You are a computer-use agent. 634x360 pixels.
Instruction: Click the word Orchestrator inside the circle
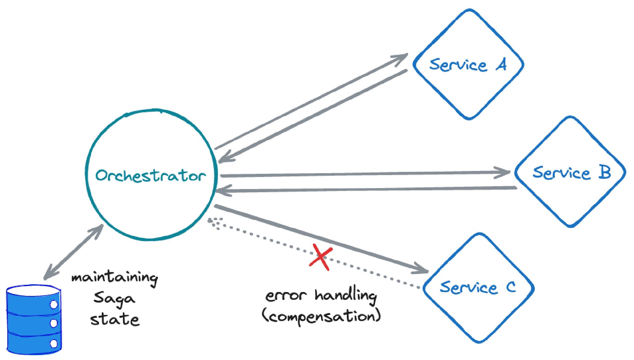151,175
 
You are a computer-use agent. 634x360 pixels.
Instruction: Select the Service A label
468,65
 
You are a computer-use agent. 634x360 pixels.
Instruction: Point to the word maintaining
114,278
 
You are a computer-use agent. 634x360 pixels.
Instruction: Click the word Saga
114,298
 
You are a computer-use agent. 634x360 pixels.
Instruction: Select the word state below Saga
115,319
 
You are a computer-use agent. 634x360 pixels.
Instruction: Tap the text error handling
321,296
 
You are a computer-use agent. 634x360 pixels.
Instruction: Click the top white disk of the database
33,291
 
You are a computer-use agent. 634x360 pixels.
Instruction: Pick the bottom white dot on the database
54,344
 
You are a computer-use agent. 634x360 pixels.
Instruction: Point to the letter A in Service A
501,65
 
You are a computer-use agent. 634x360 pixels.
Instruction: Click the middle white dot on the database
54,323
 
